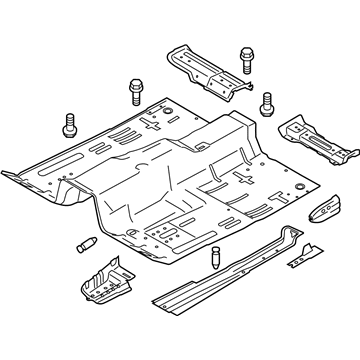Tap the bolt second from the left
tap(136, 90)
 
